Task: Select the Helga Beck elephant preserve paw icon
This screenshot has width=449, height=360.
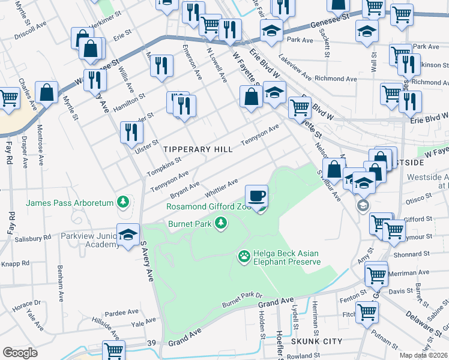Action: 244,257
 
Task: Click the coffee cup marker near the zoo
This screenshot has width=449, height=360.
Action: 256,195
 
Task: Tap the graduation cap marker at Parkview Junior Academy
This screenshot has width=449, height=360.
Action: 128,235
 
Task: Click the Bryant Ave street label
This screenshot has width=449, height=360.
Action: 185,188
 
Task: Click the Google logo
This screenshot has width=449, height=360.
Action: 20,353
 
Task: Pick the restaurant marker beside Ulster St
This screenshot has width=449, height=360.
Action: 130,132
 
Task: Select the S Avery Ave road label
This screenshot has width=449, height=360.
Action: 147,261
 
